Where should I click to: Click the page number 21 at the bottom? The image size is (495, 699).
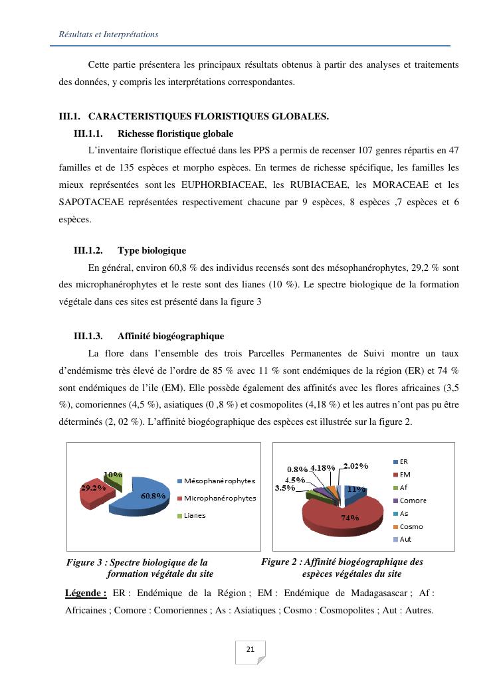(250, 649)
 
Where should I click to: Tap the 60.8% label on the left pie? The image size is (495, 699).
(153, 495)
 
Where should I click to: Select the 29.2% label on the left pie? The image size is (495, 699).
(93, 487)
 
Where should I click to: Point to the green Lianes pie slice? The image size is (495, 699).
(114, 479)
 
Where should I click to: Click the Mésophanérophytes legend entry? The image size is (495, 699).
(219, 481)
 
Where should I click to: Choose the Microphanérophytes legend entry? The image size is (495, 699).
(219, 498)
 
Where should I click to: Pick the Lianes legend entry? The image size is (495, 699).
(195, 515)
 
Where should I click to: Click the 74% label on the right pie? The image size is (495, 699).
(350, 517)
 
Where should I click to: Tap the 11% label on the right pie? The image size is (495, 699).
(357, 489)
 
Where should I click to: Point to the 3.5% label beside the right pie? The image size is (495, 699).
(285, 488)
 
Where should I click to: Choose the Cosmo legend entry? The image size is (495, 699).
(411, 526)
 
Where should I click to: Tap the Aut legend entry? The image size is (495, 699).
(405, 539)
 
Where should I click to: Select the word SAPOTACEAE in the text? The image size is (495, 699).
(91, 202)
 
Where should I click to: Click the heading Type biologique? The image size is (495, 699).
(151, 250)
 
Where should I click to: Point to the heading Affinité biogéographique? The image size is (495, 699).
(171, 336)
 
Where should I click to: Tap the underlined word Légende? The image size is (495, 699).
(86, 593)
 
